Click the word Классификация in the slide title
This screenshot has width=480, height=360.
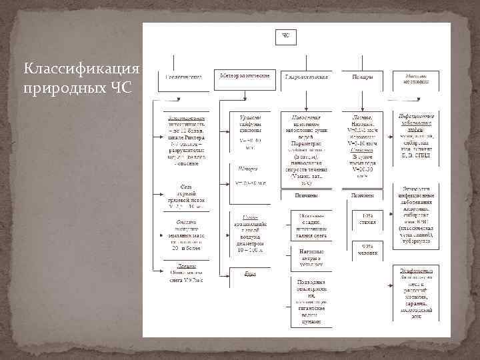81,69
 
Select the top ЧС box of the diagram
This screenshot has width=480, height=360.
285,36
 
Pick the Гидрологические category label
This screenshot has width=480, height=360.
306,77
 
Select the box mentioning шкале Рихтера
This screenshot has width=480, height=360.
185,139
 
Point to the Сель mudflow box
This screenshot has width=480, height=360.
185,197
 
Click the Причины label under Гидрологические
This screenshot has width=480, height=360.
306,195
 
